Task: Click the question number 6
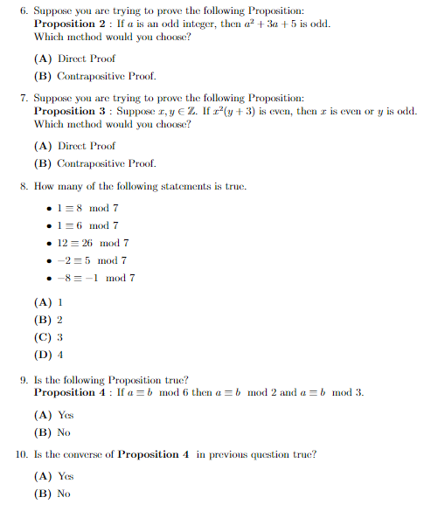click(23, 10)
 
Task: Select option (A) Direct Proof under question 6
click(74, 59)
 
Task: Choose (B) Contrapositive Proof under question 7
click(94, 163)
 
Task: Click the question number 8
click(23, 186)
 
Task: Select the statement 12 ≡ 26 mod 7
click(93, 243)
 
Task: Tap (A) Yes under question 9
click(54, 415)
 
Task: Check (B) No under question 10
click(52, 494)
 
